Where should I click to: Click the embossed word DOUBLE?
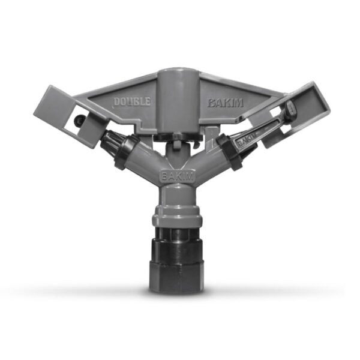[132, 102]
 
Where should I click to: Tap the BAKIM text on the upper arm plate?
[226, 103]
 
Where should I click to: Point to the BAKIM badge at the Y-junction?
[177, 176]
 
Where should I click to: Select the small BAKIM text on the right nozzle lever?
[247, 140]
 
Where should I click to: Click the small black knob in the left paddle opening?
[78, 119]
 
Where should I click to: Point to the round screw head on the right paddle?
[290, 107]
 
